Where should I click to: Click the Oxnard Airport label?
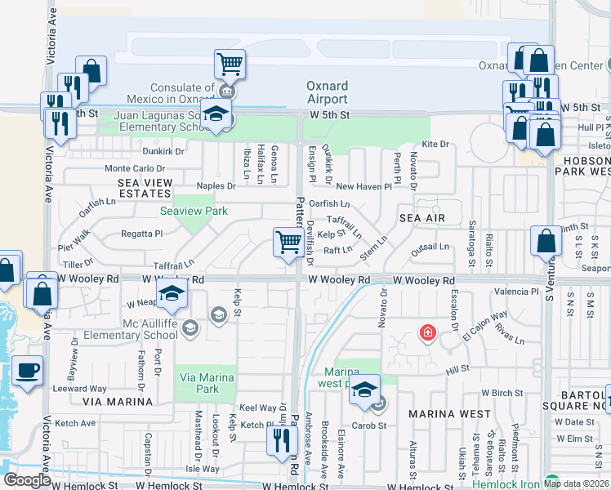[x=327, y=92]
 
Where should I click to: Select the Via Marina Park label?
[x=207, y=383]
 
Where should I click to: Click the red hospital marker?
[x=426, y=332]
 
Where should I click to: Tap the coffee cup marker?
[x=28, y=370]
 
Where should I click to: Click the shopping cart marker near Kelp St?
[x=288, y=243]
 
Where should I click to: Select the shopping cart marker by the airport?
[x=230, y=63]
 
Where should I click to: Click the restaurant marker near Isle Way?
[x=280, y=441]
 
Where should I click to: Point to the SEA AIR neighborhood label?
[x=421, y=219]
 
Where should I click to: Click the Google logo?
[x=27, y=479]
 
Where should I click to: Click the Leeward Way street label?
[x=87, y=389]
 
